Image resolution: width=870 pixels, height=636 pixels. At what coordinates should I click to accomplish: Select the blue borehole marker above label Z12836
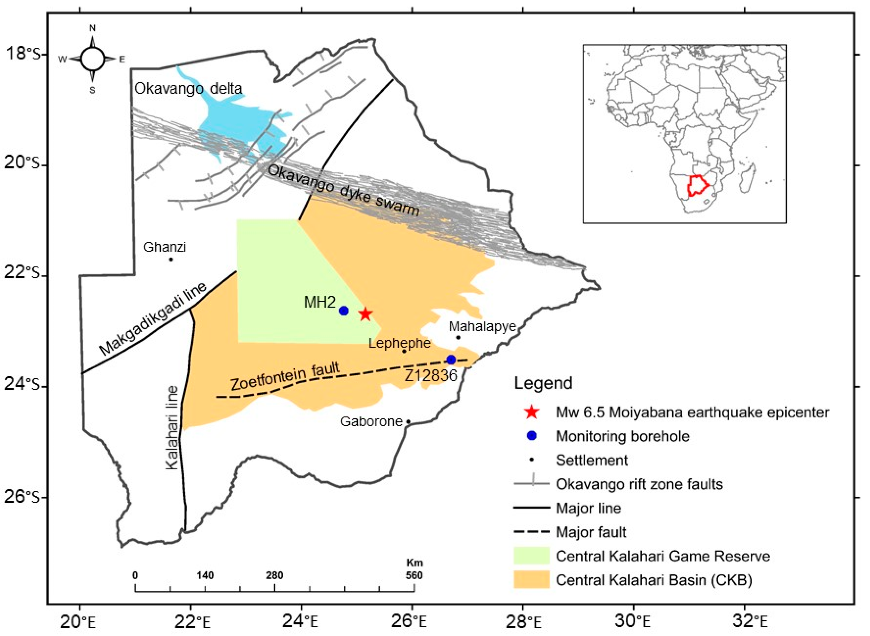point(451,360)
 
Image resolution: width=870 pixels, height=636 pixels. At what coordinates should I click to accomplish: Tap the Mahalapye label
point(482,327)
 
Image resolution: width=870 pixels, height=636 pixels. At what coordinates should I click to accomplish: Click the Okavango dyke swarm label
point(343,190)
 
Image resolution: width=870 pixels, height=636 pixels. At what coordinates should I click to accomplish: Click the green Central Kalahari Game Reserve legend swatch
point(531,556)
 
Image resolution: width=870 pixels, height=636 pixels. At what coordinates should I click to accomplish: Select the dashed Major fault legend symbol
point(531,532)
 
